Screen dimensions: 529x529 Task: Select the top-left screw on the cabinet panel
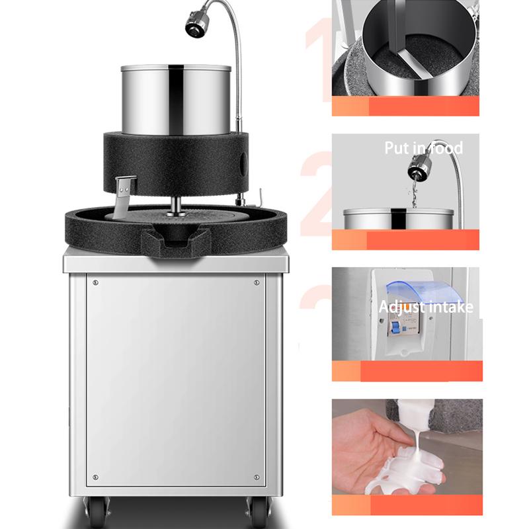click(97, 282)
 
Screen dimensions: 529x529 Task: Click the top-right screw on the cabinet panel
click(257, 282)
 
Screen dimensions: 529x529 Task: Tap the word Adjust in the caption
click(399, 307)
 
